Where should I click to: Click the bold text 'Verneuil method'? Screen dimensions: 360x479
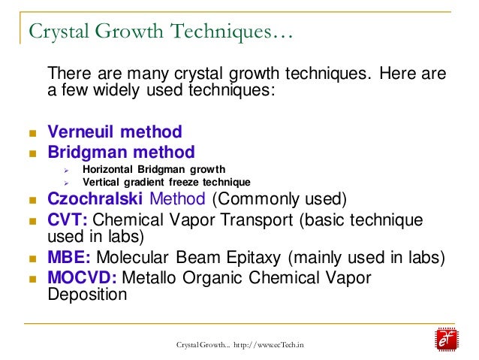(x=115, y=132)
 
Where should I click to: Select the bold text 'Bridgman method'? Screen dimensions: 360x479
(x=121, y=152)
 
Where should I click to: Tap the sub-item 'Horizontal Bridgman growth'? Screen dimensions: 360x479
(x=154, y=169)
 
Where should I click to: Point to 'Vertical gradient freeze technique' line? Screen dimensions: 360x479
(x=167, y=182)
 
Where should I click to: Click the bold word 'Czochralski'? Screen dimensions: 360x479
(x=96, y=199)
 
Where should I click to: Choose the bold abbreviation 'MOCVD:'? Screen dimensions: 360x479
(x=82, y=277)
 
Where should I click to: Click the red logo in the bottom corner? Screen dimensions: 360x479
(x=448, y=339)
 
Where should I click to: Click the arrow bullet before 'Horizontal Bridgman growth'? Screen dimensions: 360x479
(x=66, y=170)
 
